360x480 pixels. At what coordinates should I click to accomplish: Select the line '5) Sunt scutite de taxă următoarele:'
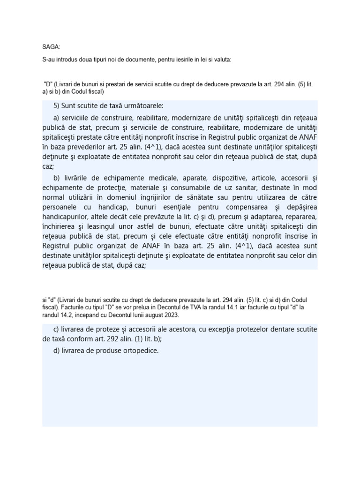pos(109,106)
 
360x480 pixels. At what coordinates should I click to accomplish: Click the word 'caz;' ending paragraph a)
pos(48,166)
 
